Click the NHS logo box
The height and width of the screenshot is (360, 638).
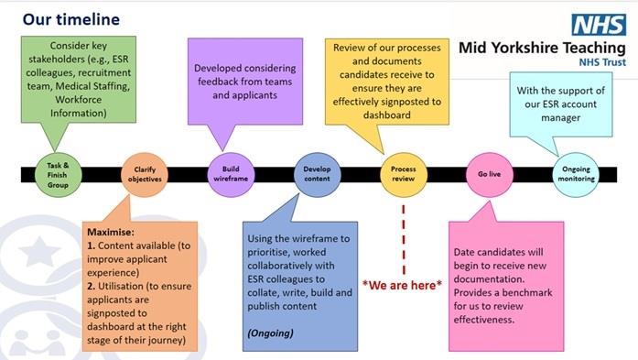599,24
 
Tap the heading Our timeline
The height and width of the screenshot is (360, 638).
70,19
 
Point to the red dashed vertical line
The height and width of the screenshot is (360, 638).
403,234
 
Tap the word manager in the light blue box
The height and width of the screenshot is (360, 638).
577,117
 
